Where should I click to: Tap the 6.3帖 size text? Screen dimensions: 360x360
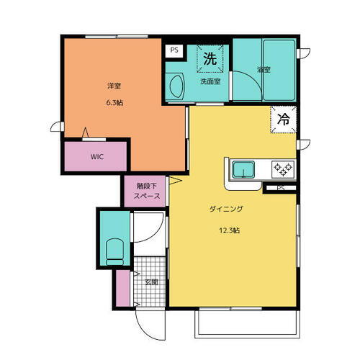point(114,103)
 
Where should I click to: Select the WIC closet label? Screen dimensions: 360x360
point(96,156)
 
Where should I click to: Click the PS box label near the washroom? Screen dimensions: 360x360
point(174,51)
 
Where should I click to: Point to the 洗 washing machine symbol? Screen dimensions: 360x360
point(210,59)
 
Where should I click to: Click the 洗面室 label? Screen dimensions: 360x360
point(210,81)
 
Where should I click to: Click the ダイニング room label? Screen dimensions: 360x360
point(225,209)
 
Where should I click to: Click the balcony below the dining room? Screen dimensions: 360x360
point(246,323)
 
